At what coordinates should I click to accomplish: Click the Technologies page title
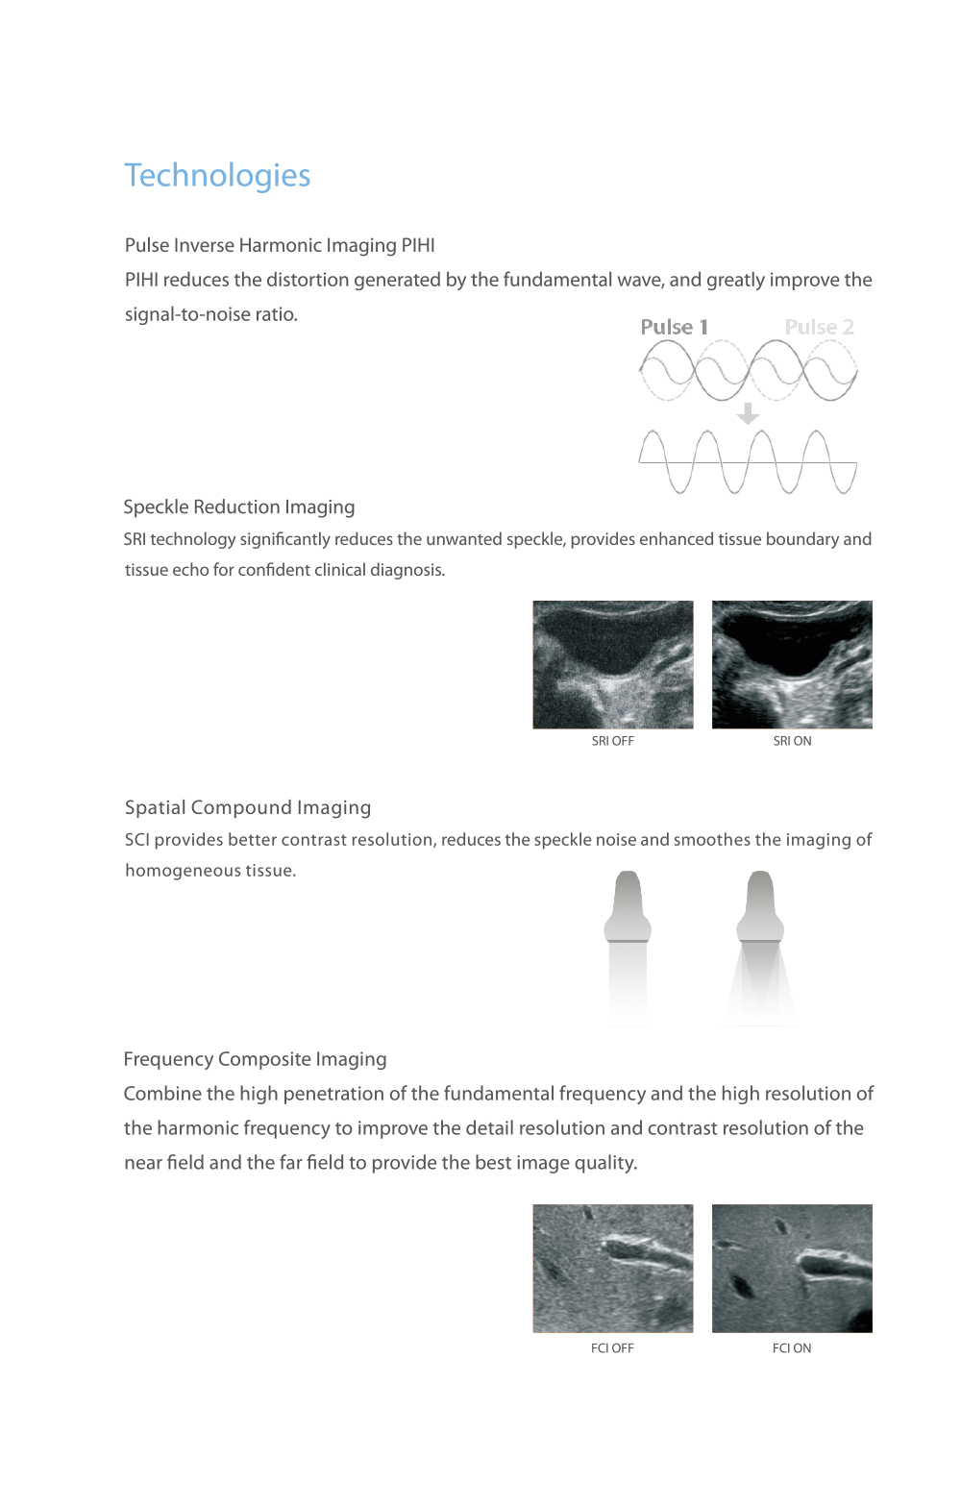tap(217, 176)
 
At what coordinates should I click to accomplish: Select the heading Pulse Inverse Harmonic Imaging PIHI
tap(280, 245)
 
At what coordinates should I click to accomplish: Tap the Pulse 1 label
tap(674, 327)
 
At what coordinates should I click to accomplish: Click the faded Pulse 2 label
tap(819, 327)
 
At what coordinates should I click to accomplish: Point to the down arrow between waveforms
tap(748, 413)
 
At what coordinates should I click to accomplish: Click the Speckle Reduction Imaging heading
tap(239, 506)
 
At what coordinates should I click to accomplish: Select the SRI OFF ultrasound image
tap(613, 664)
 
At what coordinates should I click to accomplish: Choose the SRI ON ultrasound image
tap(792, 664)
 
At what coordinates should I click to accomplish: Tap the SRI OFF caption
tap(613, 741)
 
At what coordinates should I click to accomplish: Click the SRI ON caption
tap(792, 741)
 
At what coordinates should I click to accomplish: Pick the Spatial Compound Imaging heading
tap(248, 807)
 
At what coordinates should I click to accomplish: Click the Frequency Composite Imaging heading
tap(256, 1059)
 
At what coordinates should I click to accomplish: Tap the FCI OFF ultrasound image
tap(613, 1268)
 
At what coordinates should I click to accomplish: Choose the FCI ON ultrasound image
tap(792, 1268)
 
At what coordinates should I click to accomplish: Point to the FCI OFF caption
tap(612, 1348)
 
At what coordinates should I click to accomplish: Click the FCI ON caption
tap(792, 1348)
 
